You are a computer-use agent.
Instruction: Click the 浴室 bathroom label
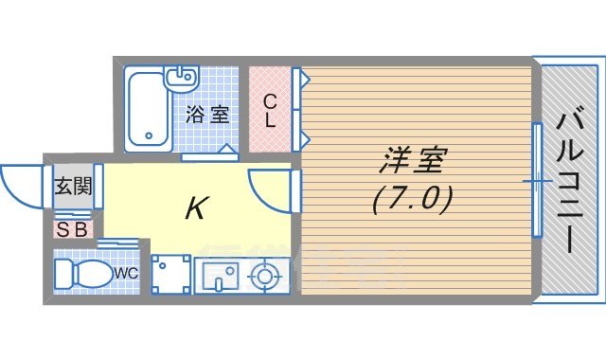pos(206,116)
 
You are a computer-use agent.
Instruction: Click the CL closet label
pos(270,110)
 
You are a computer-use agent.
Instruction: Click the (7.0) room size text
pos(412,198)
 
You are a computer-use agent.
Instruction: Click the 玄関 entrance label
pos(72,187)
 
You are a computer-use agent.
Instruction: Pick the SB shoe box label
pos(72,228)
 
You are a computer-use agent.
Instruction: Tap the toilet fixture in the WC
pos(81,275)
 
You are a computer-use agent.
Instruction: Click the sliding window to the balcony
pos(536,180)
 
